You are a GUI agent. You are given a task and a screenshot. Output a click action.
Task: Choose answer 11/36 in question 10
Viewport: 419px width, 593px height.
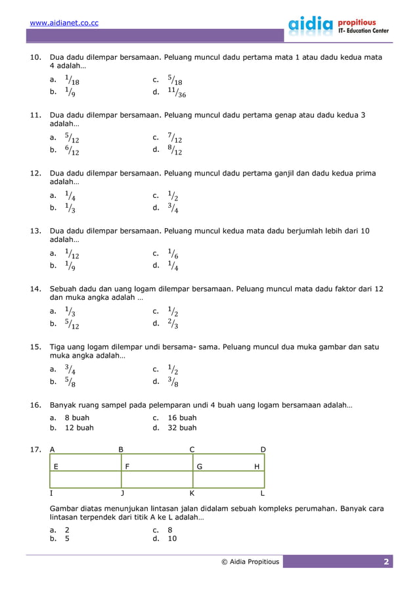click(177, 93)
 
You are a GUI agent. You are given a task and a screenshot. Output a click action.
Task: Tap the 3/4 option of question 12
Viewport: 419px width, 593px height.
click(173, 208)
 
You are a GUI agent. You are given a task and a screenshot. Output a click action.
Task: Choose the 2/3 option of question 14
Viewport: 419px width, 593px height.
click(173, 323)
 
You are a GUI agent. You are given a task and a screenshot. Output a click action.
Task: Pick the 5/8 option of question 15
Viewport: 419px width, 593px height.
click(70, 381)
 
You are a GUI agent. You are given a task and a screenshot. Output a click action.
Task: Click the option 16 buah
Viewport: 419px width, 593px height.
click(182, 417)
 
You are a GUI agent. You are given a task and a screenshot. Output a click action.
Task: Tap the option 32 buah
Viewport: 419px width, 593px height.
click(182, 428)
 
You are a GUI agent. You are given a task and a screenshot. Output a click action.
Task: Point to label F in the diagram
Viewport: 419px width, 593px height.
click(127, 466)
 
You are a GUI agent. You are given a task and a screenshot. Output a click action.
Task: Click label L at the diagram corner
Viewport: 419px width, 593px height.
click(263, 492)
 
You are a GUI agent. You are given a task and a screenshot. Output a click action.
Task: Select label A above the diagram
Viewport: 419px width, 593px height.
click(53, 450)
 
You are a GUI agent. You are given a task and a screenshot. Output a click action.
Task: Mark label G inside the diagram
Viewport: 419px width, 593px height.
click(199, 466)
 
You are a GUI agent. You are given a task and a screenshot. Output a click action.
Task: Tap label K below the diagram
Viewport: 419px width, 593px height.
click(192, 492)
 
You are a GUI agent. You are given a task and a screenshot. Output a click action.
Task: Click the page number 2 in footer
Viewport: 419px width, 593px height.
click(387, 561)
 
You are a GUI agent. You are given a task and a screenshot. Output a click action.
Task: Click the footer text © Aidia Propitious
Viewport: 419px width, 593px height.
click(250, 561)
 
